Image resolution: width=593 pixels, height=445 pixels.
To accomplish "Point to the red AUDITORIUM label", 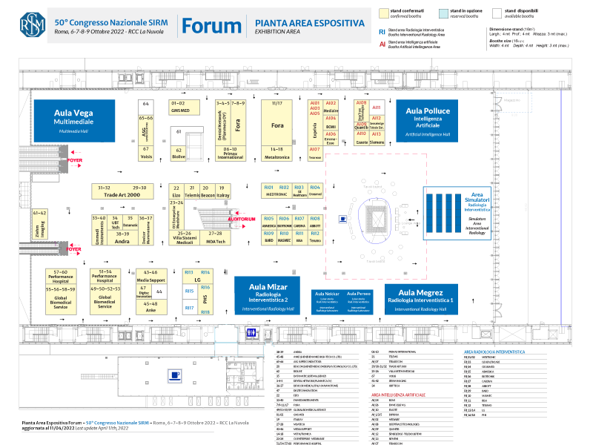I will (242, 219).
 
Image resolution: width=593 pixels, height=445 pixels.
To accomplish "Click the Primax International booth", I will (230, 154).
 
